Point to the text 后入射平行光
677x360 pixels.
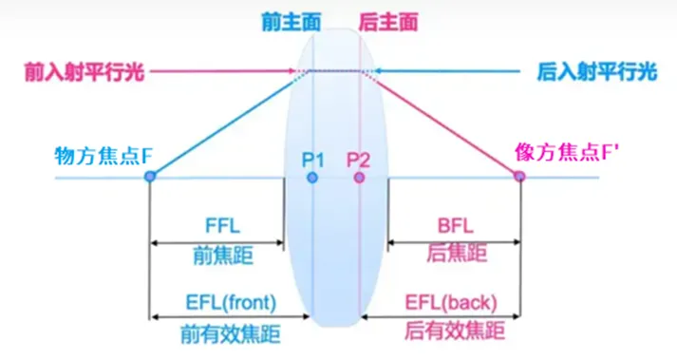(597, 70)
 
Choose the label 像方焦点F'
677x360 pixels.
(554, 152)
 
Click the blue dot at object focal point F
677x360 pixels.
(149, 177)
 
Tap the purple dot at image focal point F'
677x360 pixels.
(519, 177)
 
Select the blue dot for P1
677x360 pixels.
(312, 177)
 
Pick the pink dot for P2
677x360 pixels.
(358, 177)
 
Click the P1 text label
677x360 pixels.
(313, 157)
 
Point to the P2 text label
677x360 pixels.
(359, 157)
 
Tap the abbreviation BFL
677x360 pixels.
(453, 226)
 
